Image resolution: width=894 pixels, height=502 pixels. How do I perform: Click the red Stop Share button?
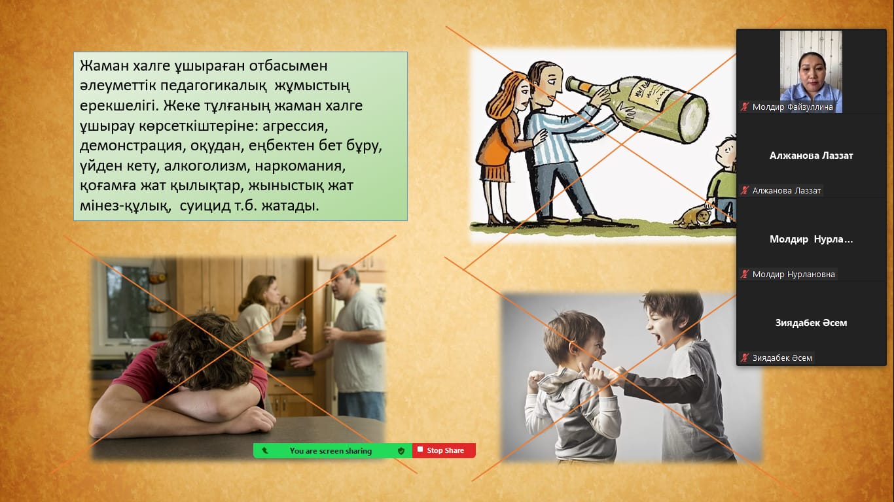[x=444, y=450]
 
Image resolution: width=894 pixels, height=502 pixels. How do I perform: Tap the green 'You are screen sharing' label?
[x=331, y=451]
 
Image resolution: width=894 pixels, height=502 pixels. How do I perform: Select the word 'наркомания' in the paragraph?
[x=300, y=165]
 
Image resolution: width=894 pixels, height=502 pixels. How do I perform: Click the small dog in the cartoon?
[x=692, y=216]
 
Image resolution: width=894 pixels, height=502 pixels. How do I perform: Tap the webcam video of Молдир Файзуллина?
[x=811, y=72]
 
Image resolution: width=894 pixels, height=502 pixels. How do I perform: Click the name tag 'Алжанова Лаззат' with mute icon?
[x=781, y=191]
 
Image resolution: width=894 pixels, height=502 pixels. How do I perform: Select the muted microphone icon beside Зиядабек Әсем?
[x=745, y=358]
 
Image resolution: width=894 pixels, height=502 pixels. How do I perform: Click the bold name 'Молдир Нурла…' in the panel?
[x=811, y=239]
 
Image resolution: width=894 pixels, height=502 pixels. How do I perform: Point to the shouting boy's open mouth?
[x=656, y=339]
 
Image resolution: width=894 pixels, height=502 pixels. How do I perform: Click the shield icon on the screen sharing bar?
[x=401, y=450]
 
